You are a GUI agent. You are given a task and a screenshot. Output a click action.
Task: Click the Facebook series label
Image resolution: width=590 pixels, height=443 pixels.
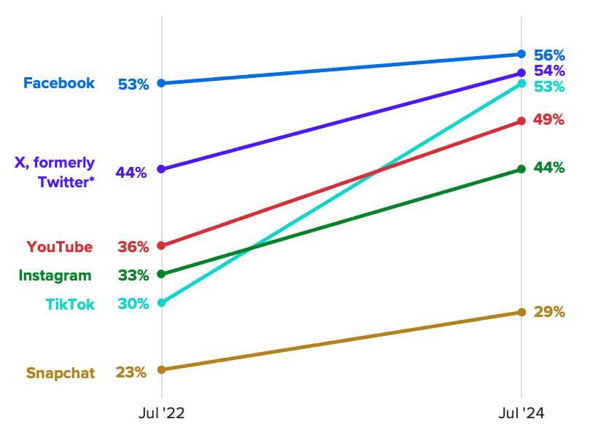[x=59, y=83]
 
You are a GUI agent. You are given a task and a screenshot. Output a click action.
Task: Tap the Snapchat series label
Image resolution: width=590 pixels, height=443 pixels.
[x=61, y=373]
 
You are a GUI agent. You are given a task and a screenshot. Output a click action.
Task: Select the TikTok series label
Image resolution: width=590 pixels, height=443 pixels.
[x=70, y=305]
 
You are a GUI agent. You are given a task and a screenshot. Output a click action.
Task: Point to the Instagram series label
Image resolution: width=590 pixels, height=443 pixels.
[x=55, y=275]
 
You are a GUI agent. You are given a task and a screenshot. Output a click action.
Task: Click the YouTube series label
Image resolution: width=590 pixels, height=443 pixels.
[x=60, y=247]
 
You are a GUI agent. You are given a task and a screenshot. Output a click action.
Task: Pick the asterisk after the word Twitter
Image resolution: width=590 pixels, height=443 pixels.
[x=92, y=179]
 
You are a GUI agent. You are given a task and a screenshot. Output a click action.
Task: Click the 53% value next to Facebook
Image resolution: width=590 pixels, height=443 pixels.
[x=133, y=85]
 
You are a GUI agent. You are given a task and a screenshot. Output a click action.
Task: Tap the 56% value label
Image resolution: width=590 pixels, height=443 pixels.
[x=549, y=55]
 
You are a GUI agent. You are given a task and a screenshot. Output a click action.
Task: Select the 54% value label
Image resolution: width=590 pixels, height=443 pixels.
[x=549, y=71]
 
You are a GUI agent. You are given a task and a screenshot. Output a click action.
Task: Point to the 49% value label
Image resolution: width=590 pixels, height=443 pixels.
[x=548, y=119]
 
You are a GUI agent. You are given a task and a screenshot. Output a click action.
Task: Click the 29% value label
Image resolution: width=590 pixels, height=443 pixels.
[x=549, y=312]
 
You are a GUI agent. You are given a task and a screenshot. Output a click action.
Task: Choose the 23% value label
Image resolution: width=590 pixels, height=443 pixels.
[x=131, y=372]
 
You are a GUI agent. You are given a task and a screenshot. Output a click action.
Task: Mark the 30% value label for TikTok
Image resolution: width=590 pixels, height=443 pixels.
[x=133, y=304]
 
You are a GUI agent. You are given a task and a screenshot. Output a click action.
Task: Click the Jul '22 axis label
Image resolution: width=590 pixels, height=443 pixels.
[x=162, y=414]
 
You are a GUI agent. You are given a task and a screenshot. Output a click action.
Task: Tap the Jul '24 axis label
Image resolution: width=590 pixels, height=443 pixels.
[x=521, y=414]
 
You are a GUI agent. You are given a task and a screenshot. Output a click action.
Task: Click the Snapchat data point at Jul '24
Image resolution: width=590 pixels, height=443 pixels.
[x=521, y=312]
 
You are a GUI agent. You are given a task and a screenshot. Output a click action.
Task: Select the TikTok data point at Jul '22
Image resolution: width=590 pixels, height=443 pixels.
[x=162, y=302]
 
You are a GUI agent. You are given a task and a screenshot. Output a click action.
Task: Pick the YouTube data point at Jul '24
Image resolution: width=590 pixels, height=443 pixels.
[x=521, y=121]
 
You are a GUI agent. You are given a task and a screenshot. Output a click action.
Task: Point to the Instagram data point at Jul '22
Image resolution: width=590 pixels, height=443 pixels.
[x=162, y=274]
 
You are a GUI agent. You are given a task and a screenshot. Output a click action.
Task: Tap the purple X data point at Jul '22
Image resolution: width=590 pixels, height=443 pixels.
[x=162, y=169]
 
